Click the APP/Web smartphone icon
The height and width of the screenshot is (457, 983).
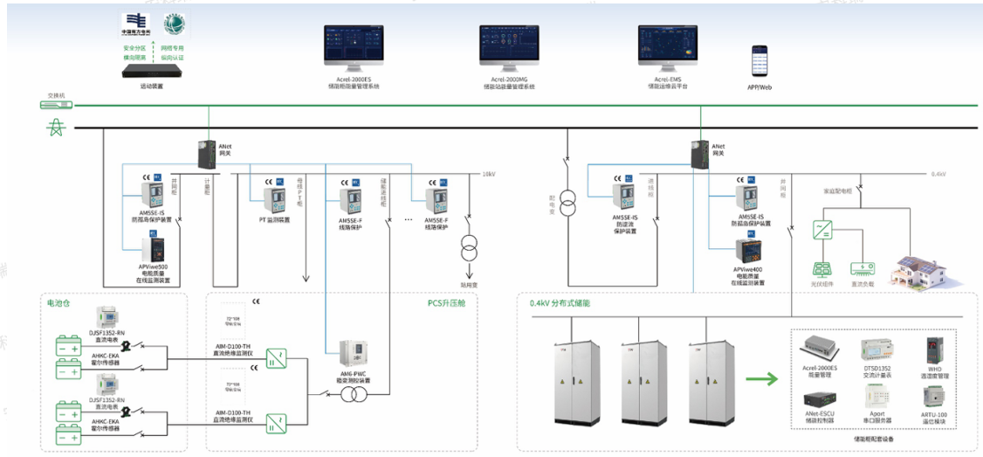[759, 62]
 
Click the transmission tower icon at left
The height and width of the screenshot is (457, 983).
[55, 128]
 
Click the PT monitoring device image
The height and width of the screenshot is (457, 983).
[274, 200]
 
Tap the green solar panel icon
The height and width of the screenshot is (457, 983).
[821, 270]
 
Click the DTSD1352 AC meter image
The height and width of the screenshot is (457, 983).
[876, 350]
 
